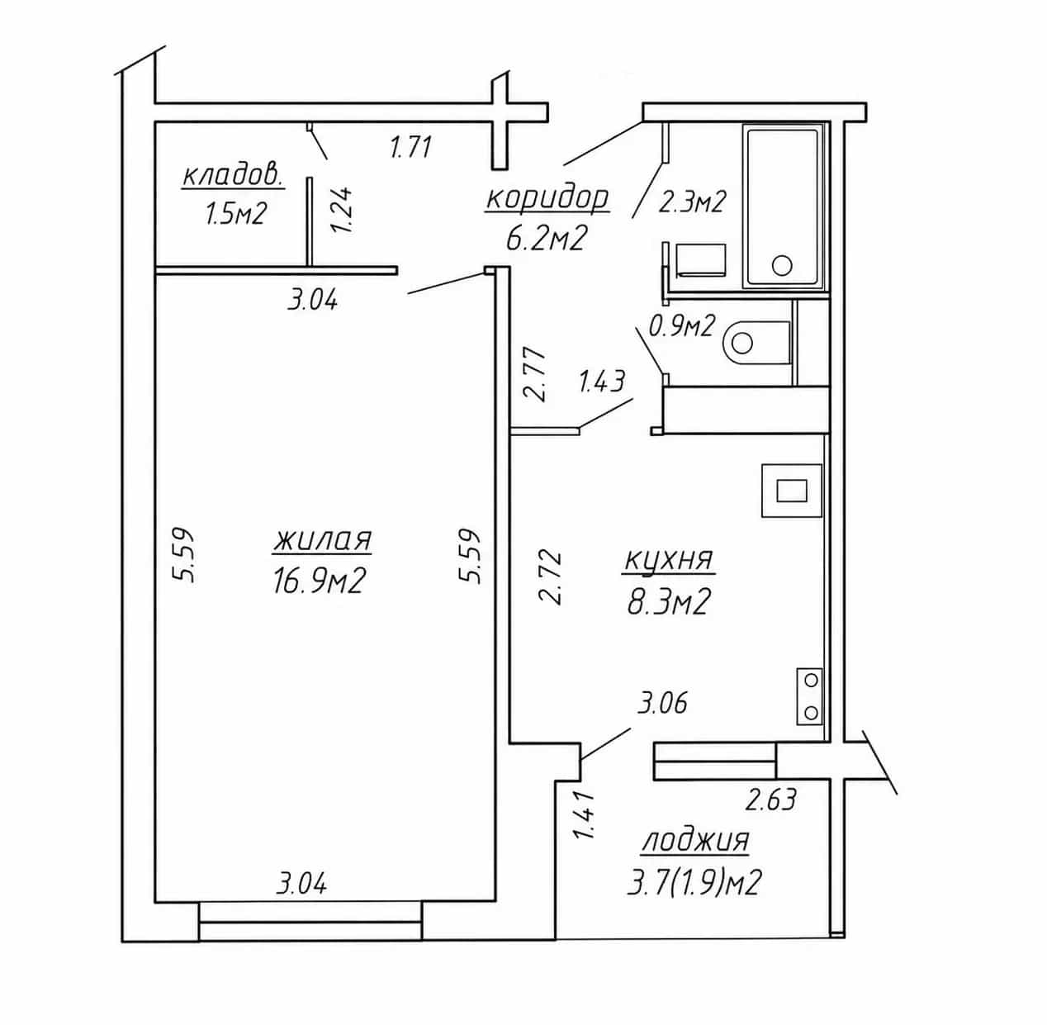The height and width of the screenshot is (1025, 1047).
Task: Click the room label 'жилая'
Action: pos(322,540)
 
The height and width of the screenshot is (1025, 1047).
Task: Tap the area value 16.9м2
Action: pos(318,581)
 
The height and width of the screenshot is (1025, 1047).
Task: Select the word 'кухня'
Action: pos(668,560)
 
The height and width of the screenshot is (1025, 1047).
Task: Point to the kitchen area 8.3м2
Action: pos(668,601)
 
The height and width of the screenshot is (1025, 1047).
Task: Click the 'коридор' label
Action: pos(547,198)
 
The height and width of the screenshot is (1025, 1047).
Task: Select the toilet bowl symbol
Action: pos(756,343)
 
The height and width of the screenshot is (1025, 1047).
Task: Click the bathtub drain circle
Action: pos(782,265)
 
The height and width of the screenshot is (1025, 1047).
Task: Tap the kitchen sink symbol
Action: pos(792,491)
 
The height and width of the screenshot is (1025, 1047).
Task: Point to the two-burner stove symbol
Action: pos(809,695)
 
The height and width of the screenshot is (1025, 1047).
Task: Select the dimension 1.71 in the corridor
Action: pos(410,147)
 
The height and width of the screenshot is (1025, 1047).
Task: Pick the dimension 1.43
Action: pos(601,381)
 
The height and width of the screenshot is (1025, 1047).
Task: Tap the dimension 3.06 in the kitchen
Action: pos(663,702)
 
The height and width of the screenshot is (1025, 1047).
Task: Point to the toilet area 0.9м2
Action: pos(681,325)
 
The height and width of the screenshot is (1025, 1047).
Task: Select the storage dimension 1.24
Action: pos(343,210)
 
